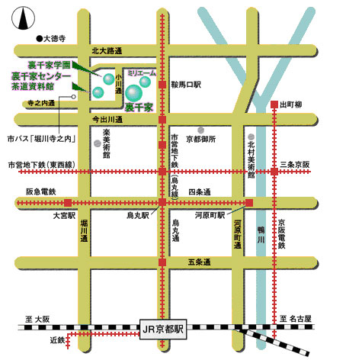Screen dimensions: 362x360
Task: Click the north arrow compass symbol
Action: click(23, 18)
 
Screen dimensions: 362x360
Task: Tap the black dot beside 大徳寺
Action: click(40, 39)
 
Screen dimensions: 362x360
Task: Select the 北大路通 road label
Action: click(107, 51)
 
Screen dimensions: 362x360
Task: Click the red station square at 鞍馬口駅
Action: click(162, 85)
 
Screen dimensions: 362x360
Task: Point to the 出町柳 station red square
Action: click(274, 104)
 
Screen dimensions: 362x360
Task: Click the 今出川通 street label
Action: click(107, 119)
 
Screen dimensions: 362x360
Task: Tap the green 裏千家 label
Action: click(139, 108)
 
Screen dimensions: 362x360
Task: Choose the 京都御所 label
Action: click(201, 139)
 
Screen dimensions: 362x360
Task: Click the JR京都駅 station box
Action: click(163, 329)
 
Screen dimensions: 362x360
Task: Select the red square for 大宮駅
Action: click(68, 203)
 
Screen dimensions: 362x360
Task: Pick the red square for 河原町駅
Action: click(249, 203)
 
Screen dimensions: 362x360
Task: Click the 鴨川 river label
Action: click(261, 234)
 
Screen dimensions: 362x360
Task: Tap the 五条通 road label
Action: click(199, 262)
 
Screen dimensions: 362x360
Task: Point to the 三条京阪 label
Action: click(295, 165)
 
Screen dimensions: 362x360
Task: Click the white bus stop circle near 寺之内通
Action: click(74, 97)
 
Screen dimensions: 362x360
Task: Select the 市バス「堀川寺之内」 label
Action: click(42, 139)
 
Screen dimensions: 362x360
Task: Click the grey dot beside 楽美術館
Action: click(97, 143)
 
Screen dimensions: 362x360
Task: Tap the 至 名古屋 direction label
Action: click(296, 318)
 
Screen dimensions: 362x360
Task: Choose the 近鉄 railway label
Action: click(57, 340)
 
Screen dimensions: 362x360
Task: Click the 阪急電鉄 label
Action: click(41, 191)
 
